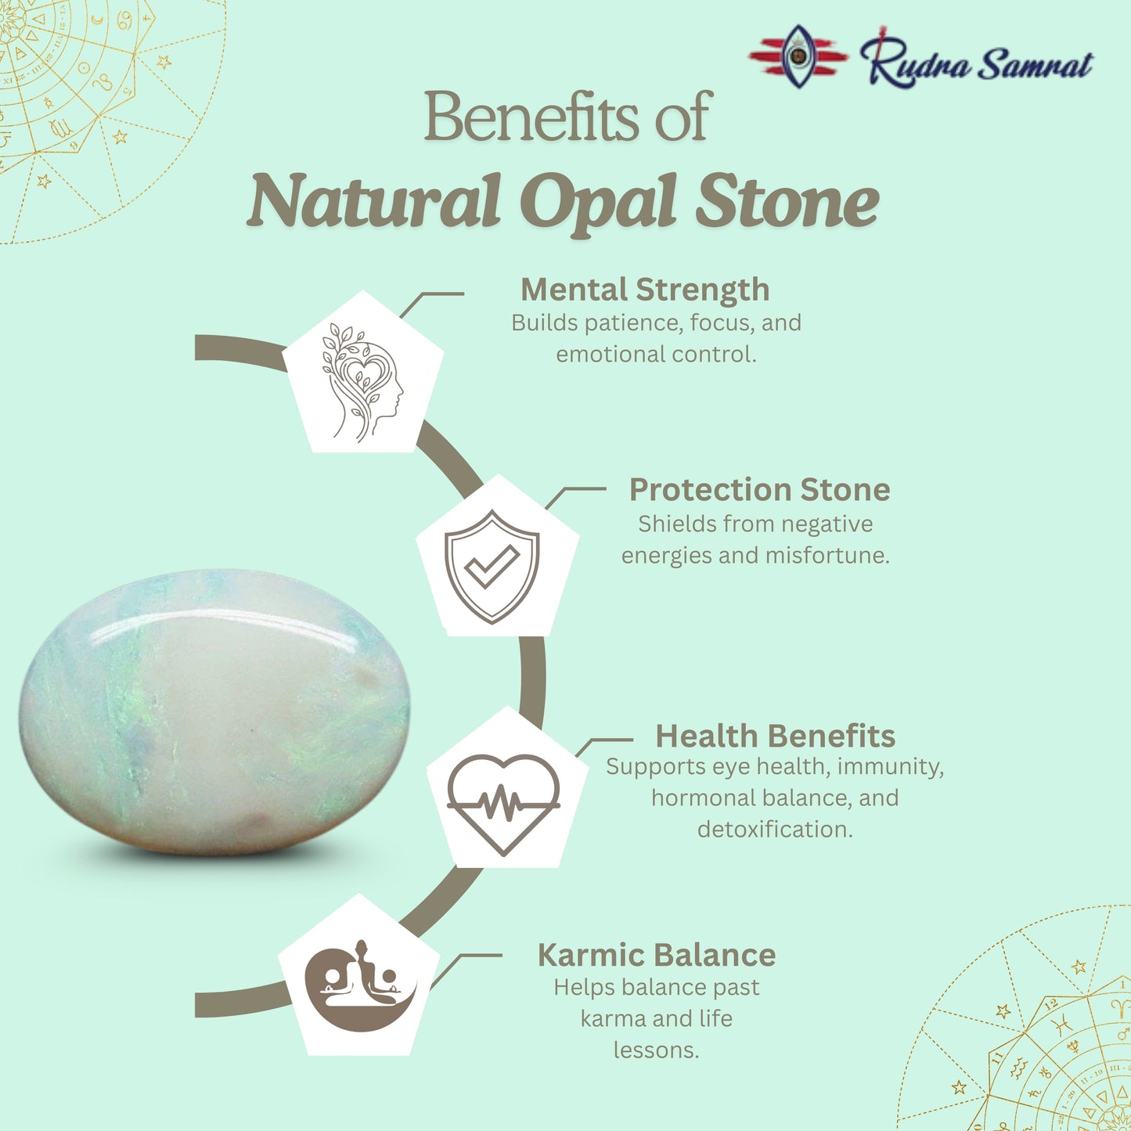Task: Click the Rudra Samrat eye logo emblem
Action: pyautogui.click(x=798, y=56)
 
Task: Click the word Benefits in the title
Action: pyautogui.click(x=531, y=117)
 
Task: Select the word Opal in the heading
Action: pyautogui.click(x=599, y=202)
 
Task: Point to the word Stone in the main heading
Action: pyautogui.click(x=787, y=202)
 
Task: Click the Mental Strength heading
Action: pyautogui.click(x=645, y=290)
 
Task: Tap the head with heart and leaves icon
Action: pyautogui.click(x=362, y=381)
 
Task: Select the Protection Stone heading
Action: pyautogui.click(x=759, y=490)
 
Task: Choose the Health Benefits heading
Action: pyautogui.click(x=775, y=736)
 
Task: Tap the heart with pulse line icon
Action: pyautogui.click(x=503, y=803)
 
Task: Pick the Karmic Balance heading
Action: pyautogui.click(x=656, y=955)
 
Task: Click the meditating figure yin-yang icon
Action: pyautogui.click(x=360, y=985)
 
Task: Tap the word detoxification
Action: pyautogui.click(x=775, y=830)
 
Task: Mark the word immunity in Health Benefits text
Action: pyautogui.click(x=890, y=767)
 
